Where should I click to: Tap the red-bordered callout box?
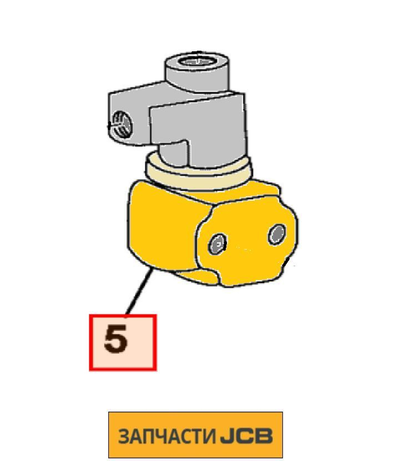coord(123,342)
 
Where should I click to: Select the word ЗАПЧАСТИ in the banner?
coord(167,436)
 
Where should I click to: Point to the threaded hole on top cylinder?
coord(197,62)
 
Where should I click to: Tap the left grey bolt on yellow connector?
coord(217,244)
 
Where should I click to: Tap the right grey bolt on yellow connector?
coord(277,234)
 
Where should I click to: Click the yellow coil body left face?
coord(164,226)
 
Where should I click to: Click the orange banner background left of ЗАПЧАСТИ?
coord(113,436)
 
